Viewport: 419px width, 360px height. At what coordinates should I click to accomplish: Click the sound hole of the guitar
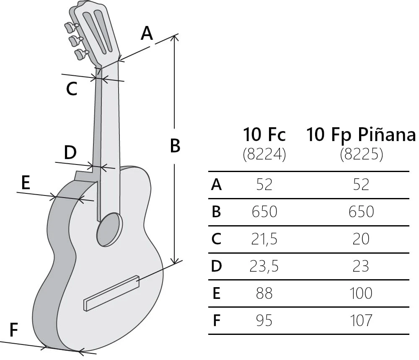110,229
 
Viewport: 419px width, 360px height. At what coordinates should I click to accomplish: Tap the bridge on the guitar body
112,293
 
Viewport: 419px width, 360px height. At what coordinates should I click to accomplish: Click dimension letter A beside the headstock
147,33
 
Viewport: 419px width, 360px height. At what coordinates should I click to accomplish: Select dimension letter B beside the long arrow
175,146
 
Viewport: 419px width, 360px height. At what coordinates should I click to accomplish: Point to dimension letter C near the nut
72,89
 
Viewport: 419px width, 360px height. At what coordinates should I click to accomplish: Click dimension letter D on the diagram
70,153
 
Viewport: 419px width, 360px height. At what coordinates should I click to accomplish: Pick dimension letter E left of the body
26,183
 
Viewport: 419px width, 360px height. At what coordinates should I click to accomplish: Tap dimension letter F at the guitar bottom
14,330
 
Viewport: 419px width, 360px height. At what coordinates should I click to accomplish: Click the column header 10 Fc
264,135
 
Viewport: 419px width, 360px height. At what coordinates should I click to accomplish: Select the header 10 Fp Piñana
361,135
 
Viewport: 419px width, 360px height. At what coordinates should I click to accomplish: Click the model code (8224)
264,155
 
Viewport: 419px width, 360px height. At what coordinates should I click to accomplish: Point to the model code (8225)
361,155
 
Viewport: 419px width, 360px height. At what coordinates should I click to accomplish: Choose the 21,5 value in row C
264,239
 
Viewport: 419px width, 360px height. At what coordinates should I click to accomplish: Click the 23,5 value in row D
264,266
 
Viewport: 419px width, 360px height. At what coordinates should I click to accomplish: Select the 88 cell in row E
264,293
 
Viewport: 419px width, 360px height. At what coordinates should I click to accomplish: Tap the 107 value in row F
361,321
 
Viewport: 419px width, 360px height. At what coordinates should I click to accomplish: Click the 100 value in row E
361,293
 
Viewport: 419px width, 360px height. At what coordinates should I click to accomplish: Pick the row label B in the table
216,212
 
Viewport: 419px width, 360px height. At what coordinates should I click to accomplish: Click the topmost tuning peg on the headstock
70,27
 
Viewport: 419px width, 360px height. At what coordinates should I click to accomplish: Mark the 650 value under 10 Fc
264,212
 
